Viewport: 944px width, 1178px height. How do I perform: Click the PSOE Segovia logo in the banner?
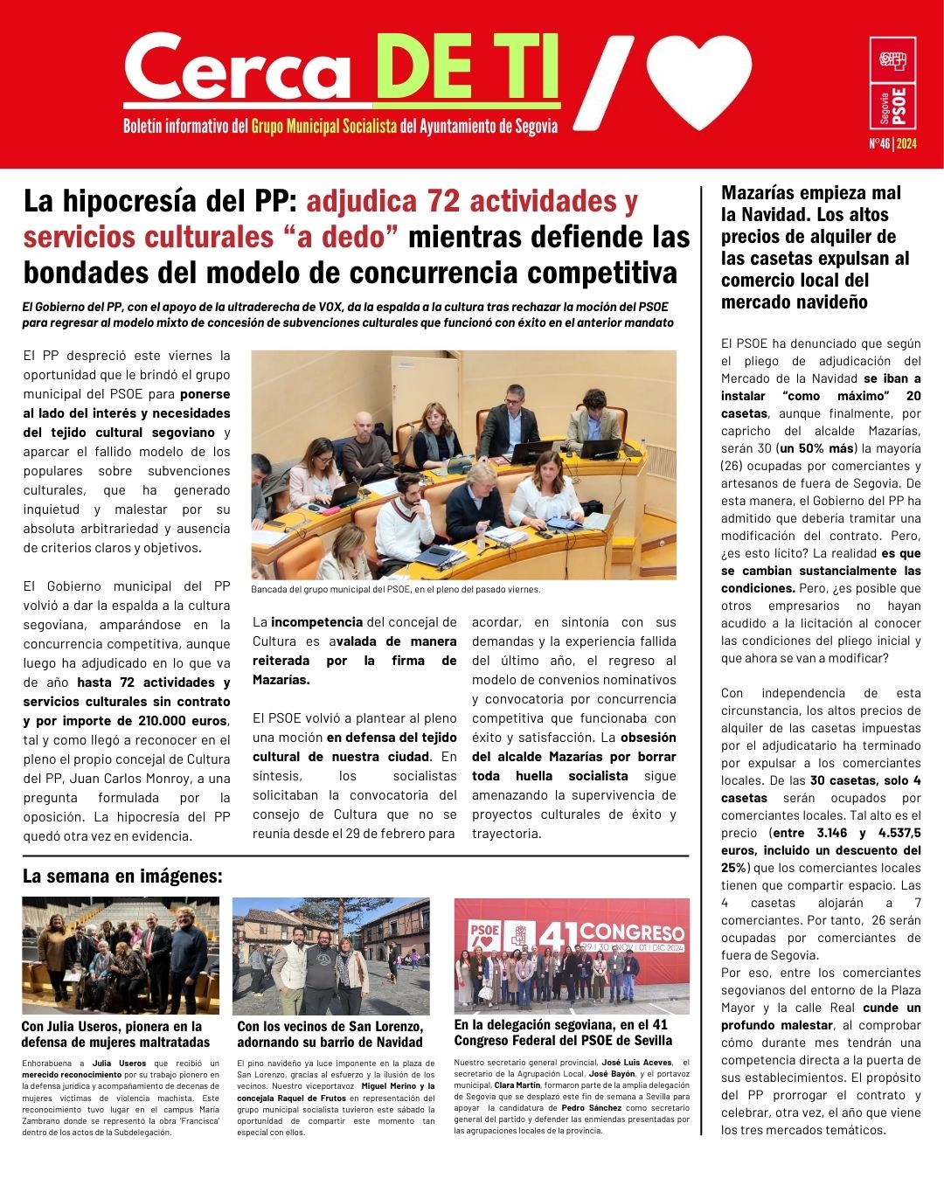(x=892, y=83)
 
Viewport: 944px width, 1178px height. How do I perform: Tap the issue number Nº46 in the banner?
(x=878, y=143)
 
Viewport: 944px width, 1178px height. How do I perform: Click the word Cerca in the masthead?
(x=238, y=70)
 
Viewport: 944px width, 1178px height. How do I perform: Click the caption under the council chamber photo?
(x=395, y=589)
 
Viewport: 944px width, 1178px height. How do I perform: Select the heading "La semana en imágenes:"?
(x=122, y=876)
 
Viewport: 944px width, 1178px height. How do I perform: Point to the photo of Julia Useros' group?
(x=121, y=955)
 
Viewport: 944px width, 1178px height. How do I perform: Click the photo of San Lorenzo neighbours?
(x=330, y=955)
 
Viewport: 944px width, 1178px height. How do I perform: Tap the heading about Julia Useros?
(x=115, y=1034)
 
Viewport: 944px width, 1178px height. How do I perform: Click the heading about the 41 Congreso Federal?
(x=563, y=1032)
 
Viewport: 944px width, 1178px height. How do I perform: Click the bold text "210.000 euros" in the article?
(x=182, y=721)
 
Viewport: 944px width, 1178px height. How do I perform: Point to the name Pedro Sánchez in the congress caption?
(x=592, y=1107)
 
